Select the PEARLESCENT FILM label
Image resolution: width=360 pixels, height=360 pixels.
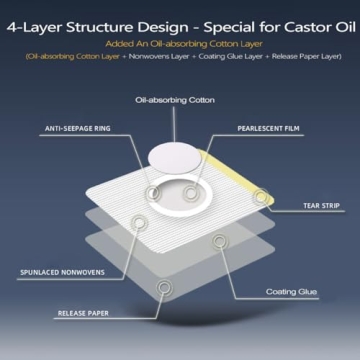269,129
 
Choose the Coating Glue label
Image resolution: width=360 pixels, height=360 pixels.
291,292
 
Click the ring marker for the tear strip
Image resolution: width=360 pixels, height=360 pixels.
262,197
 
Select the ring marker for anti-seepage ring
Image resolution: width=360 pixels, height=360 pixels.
153,191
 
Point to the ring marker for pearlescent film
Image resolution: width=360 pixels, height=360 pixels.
189,191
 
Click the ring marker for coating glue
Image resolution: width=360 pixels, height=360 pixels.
219,241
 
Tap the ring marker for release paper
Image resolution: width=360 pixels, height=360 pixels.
165,288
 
